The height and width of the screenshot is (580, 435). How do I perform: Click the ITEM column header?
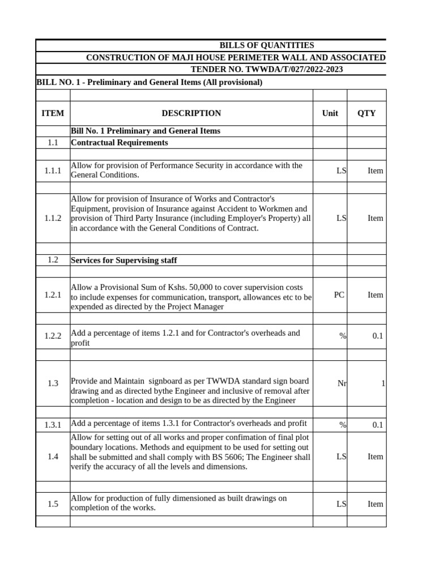(53, 113)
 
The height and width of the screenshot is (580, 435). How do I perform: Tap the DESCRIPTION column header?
(191, 113)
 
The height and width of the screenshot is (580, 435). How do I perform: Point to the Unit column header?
(330, 113)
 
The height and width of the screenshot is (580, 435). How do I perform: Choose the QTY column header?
(366, 113)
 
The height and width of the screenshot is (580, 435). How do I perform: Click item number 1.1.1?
(53, 170)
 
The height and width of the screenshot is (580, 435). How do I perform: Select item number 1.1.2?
(53, 218)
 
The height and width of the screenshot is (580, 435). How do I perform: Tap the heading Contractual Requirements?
(119, 143)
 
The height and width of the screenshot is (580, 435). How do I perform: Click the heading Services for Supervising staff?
(123, 260)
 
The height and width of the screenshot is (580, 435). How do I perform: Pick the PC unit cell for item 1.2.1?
(339, 295)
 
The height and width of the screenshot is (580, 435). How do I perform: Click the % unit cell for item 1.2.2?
(342, 336)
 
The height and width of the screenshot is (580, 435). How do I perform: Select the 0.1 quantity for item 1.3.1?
(377, 425)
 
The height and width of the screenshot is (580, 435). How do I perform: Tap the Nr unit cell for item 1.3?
(342, 383)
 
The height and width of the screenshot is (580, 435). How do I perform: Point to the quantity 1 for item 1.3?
(383, 383)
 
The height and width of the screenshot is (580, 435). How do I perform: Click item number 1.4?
(53, 457)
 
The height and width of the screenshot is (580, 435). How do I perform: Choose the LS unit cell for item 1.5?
(340, 504)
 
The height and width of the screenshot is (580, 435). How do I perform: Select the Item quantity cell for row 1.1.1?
(375, 170)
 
